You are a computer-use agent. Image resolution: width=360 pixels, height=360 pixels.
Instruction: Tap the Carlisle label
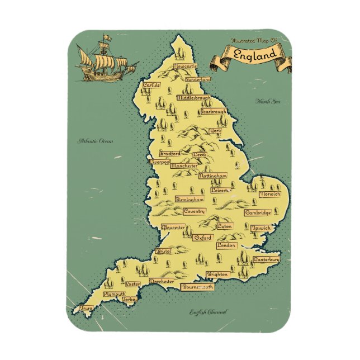151,85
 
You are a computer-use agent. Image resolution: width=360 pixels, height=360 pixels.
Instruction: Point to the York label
215,131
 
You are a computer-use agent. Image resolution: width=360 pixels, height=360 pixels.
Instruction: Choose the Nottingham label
212,176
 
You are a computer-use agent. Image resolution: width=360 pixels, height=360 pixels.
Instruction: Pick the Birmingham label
189,199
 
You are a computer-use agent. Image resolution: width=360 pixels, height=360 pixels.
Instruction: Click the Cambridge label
258,213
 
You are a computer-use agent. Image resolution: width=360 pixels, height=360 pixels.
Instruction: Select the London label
226,245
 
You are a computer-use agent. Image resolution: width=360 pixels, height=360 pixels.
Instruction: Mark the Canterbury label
266,260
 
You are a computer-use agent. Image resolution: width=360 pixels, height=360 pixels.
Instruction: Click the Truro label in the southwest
86,308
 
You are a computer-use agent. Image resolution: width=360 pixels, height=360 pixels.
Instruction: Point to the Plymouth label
115,294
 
